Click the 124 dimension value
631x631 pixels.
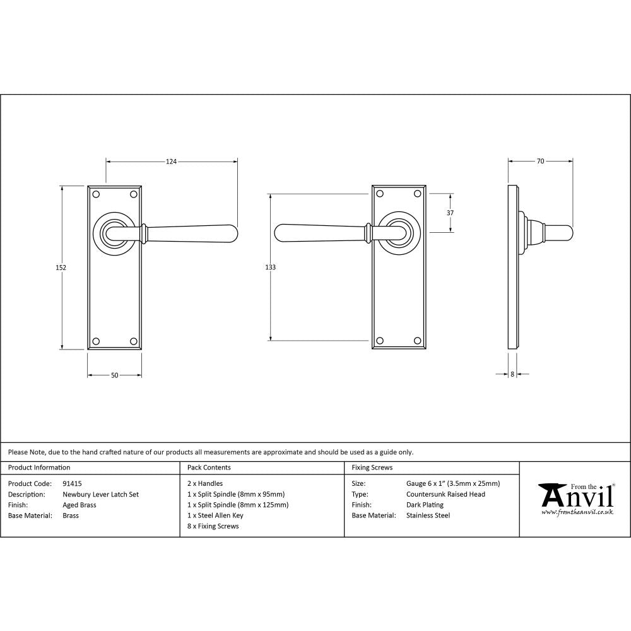pos(171,162)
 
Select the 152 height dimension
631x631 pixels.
pos(61,268)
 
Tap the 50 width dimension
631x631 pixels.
pos(114,375)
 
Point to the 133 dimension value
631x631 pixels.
pos(270,268)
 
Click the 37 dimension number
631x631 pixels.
pos(450,213)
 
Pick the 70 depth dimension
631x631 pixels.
pos(540,162)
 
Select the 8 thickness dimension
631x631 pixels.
pos(512,374)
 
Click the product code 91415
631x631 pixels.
pos(73,484)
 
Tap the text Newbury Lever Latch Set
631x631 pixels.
pos(100,495)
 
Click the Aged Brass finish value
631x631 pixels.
pos(80,505)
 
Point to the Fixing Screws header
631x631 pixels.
pos(372,468)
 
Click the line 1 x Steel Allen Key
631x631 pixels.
pos(215,516)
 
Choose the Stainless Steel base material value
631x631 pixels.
pos(428,516)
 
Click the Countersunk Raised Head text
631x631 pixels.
pos(446,495)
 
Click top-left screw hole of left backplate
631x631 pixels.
pos(96,194)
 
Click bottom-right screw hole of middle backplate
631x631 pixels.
pos(416,341)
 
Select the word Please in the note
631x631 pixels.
pos(18,452)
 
